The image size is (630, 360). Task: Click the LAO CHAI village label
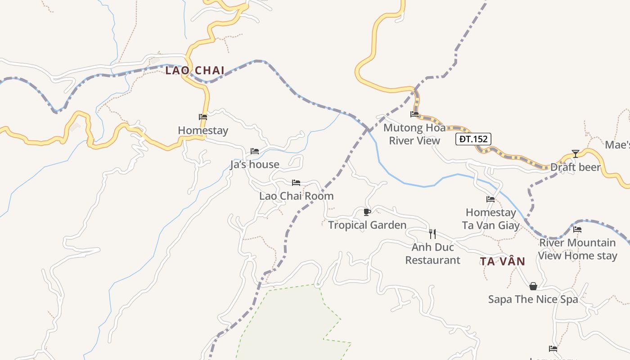coord(195,71)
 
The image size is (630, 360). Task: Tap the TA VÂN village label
coord(502,261)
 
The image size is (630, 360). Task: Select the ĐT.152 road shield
coord(473,139)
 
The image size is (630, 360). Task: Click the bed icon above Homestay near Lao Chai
coord(203,117)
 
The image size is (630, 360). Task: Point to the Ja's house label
coord(255,165)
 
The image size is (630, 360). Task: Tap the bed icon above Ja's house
coord(255,151)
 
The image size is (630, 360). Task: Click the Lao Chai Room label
coord(296,196)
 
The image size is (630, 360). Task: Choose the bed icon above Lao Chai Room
coord(296,183)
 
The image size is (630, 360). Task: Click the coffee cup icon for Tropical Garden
coord(367,212)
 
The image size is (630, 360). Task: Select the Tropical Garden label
coord(367,225)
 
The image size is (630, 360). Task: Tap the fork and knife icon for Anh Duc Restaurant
coord(432,234)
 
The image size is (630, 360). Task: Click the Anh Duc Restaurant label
coord(432,254)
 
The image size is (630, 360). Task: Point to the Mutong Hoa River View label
coord(414,134)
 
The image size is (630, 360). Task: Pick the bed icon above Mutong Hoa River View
coord(414,114)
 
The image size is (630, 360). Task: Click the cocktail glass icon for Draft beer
coord(576,154)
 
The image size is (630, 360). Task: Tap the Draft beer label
coord(576,167)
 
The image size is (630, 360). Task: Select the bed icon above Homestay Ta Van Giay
coord(490,199)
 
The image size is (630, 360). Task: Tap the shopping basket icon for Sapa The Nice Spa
coord(533,286)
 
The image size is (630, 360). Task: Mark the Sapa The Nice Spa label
coord(533,300)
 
